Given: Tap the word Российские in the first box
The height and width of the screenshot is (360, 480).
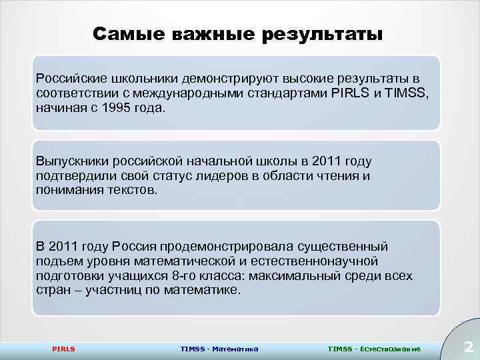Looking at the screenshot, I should tap(69, 79).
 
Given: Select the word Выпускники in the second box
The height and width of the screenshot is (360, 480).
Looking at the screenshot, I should tap(71, 162).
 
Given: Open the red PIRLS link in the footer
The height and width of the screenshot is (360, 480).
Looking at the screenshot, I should tap(63, 348).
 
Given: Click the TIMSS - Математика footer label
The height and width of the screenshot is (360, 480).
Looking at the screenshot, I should tap(219, 348).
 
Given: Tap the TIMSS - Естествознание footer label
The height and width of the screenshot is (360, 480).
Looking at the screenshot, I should tap(375, 348).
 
